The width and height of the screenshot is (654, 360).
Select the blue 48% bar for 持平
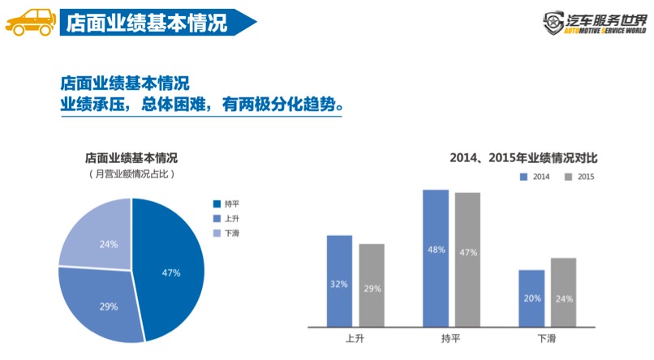436,258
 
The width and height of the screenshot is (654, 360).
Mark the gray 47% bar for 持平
468,259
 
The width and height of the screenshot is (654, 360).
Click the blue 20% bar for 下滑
531,298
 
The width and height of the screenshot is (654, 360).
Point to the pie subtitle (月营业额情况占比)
131,174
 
